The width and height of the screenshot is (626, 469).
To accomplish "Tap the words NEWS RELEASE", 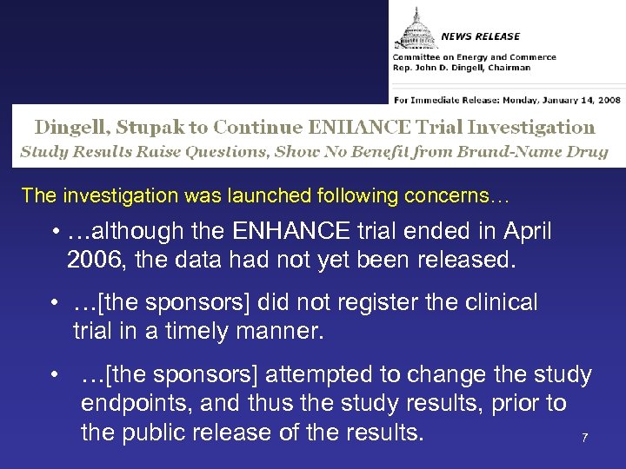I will pos(480,36).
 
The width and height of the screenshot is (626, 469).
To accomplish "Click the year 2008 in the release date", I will pos(600,88).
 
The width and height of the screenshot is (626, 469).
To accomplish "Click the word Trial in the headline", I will pos(443,127).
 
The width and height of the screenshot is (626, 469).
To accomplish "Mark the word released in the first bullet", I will pos(469,259).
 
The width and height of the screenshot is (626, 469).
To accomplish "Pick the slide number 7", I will pos(584,438).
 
